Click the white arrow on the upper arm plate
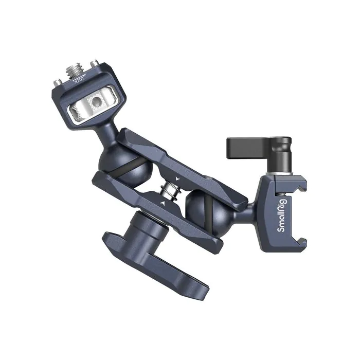coord(177,177)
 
